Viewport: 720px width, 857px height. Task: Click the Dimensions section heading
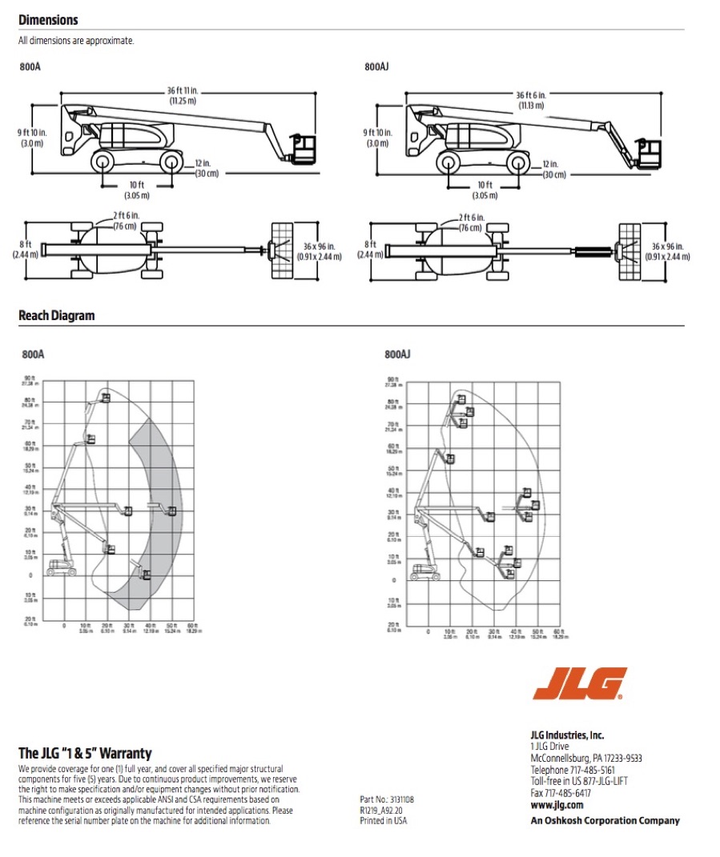tap(48, 20)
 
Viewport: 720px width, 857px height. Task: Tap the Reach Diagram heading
tap(56, 316)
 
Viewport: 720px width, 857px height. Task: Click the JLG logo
tap(580, 685)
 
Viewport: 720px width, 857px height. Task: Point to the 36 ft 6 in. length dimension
tap(530, 100)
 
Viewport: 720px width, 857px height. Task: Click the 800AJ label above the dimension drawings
tap(376, 68)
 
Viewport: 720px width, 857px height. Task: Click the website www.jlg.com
tap(557, 805)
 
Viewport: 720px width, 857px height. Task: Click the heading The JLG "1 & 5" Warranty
tap(85, 753)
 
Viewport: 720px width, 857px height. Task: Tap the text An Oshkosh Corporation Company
tap(605, 820)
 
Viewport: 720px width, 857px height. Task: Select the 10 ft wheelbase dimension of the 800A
tap(136, 190)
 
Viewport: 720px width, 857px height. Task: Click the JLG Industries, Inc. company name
tap(567, 735)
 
